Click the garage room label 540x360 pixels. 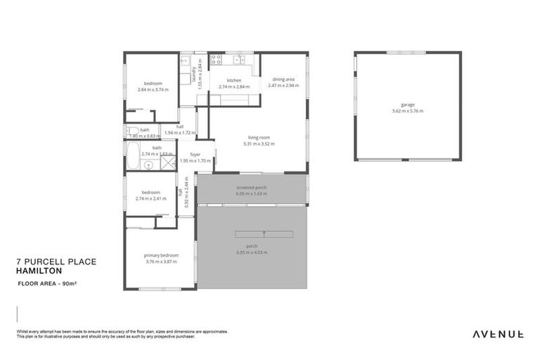[408, 105]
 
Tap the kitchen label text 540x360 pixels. [234, 80]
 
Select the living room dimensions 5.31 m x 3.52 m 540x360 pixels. [259, 143]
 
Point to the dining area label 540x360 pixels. [283, 79]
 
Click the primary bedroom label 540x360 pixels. [161, 255]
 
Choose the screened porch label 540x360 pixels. [251, 188]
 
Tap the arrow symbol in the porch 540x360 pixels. [264, 233]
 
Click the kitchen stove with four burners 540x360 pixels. [217, 60]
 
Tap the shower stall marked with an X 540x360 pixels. [167, 163]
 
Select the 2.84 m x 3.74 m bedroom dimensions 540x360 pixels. [153, 89]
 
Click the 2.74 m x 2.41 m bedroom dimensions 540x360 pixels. [150, 198]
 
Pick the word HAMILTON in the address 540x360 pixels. [39, 270]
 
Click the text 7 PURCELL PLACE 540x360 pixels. [56, 261]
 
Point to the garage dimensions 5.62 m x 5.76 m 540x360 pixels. [408, 111]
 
